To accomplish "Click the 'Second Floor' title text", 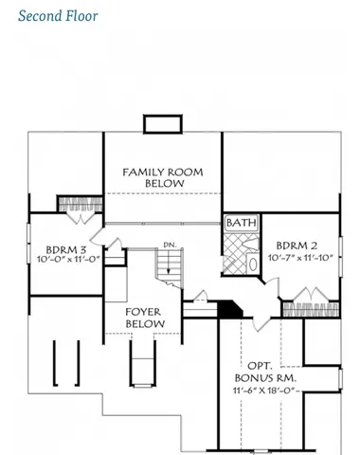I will pyautogui.click(x=57, y=16).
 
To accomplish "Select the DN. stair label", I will pyautogui.click(x=170, y=246).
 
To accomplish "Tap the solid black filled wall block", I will pyautogui.click(x=230, y=309).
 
